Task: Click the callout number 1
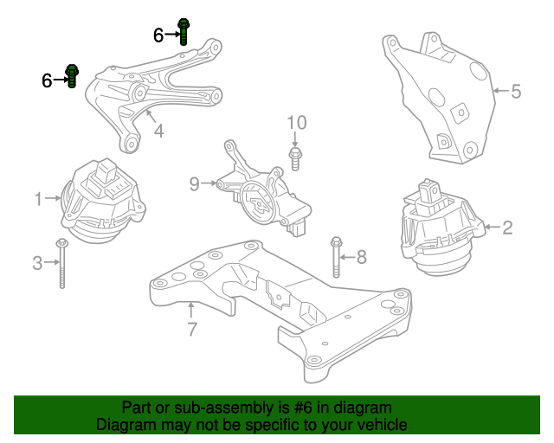[38, 200]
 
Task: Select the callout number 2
[508, 228]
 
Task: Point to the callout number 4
[158, 132]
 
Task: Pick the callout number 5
[516, 91]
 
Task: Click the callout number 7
[192, 328]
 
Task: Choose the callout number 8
[362, 256]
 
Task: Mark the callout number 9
[195, 183]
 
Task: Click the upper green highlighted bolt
[184, 30]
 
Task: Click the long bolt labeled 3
[62, 263]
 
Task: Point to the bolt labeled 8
[335, 256]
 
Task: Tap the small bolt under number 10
[297, 158]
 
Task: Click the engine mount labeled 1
[101, 201]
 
